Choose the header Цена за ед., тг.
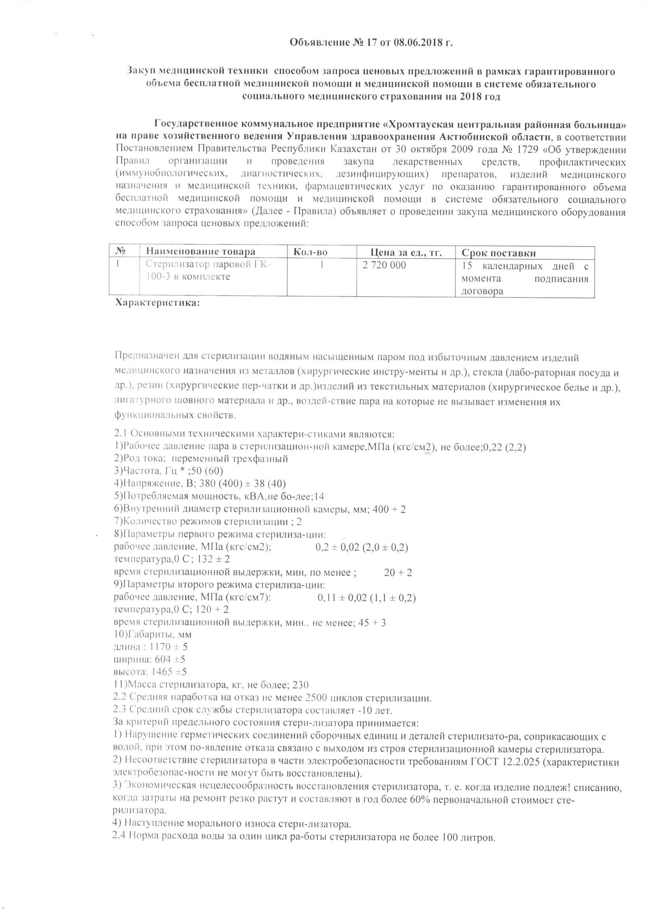[407, 253]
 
